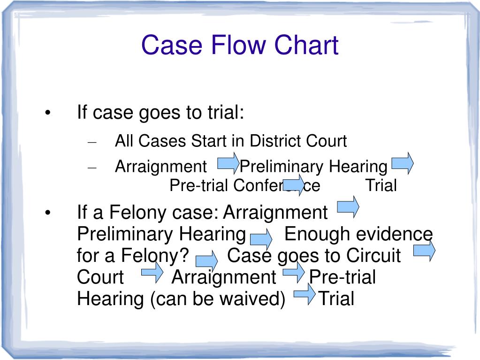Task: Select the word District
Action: click(x=276, y=141)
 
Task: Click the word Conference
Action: click(x=277, y=185)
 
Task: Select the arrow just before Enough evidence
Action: click(x=261, y=239)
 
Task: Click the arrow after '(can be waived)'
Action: click(x=305, y=295)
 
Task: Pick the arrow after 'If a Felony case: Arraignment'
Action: click(x=348, y=206)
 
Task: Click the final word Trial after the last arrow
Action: click(x=336, y=299)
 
